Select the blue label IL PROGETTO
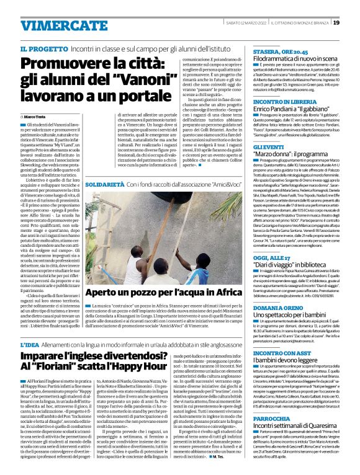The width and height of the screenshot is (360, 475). click(x=40, y=48)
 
